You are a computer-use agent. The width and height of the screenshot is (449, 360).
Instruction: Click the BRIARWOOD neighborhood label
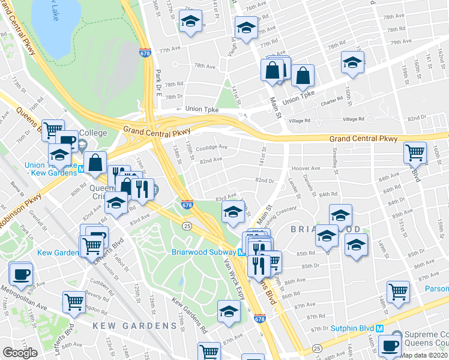[327, 229]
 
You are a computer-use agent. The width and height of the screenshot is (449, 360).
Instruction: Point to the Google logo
[20, 353]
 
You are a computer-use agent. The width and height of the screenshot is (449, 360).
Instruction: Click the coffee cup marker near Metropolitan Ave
[21, 275]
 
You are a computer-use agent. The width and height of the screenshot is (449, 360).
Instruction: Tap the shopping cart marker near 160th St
[415, 153]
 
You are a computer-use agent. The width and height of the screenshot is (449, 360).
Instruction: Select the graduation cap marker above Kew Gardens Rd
[229, 311]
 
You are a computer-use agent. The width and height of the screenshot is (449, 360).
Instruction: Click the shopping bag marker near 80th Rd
[95, 162]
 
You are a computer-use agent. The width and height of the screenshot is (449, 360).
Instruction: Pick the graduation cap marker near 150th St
[352, 62]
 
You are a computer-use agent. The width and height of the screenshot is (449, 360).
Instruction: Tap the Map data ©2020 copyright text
[424, 355]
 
